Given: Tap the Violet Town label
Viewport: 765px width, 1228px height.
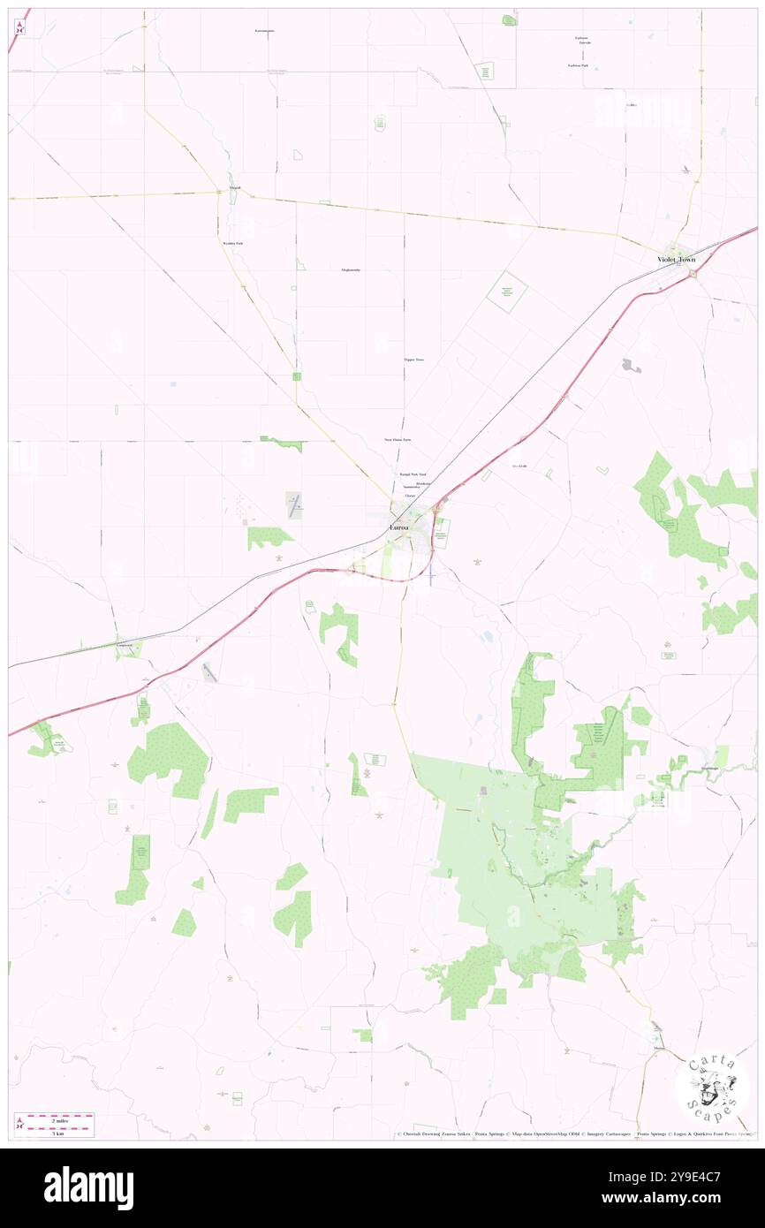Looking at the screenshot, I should pyautogui.click(x=676, y=260).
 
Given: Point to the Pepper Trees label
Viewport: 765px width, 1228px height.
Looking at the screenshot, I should pyautogui.click(x=413, y=360).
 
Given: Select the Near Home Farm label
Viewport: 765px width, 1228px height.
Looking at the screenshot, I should pyautogui.click(x=397, y=439).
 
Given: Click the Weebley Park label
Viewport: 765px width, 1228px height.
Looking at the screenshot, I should pyautogui.click(x=232, y=243).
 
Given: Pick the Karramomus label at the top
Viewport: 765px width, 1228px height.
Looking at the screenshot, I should pyautogui.click(x=264, y=31).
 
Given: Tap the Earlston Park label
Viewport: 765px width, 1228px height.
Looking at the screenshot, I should pyautogui.click(x=579, y=65).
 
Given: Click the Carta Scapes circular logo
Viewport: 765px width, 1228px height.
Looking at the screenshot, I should pyautogui.click(x=712, y=1087).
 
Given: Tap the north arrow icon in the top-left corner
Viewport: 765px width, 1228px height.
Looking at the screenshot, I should pyautogui.click(x=19, y=27).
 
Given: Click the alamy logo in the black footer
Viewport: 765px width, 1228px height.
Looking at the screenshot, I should pyautogui.click(x=88, y=1187).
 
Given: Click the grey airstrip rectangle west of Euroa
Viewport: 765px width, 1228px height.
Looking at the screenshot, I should pyautogui.click(x=294, y=505).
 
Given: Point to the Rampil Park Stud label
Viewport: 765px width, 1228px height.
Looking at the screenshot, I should pyautogui.click(x=413, y=474).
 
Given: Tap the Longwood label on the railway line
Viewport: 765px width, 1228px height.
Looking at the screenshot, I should pyautogui.click(x=130, y=645).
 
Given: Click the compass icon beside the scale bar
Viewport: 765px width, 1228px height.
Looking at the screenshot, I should pyautogui.click(x=19, y=1124).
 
